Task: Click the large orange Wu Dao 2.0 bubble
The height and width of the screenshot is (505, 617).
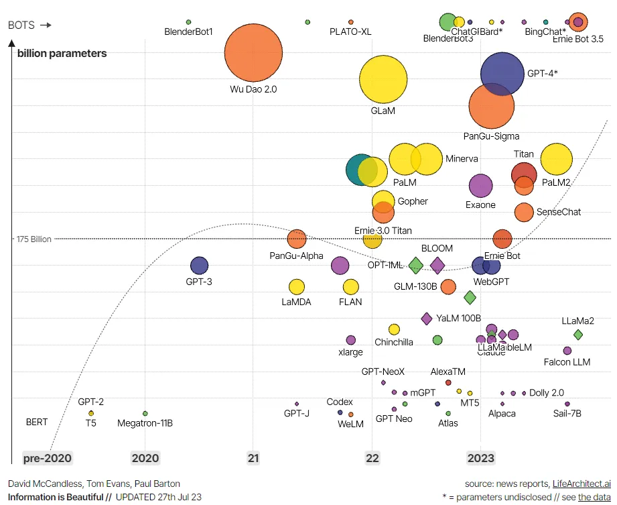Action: tap(253, 54)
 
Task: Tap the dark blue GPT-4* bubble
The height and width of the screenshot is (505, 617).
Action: tap(502, 74)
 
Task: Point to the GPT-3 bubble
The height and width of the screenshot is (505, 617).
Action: tap(199, 266)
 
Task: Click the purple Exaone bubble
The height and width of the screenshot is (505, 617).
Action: tap(480, 186)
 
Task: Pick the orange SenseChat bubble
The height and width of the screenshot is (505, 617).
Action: tap(524, 212)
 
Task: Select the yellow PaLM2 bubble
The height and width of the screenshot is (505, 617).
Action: tap(556, 160)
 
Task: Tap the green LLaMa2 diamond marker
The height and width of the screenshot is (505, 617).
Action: tap(578, 334)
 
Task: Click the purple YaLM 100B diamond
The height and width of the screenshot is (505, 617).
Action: tap(427, 318)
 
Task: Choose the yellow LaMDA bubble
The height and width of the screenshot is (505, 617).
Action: tap(296, 287)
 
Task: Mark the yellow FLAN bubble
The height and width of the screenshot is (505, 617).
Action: tap(351, 287)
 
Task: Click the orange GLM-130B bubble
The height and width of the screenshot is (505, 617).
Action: tap(448, 287)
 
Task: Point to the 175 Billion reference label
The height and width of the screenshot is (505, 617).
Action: tap(35, 239)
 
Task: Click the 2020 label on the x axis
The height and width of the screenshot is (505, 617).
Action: tap(145, 458)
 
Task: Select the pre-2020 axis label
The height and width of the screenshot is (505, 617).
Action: tap(47, 458)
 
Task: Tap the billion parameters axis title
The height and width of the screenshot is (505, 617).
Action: tap(62, 53)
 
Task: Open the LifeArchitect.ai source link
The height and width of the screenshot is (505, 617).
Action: tap(581, 484)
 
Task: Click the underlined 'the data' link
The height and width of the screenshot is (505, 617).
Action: tap(594, 497)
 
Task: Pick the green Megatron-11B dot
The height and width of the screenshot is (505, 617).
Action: tap(145, 413)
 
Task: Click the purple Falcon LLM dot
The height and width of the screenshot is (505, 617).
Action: tap(567, 351)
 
